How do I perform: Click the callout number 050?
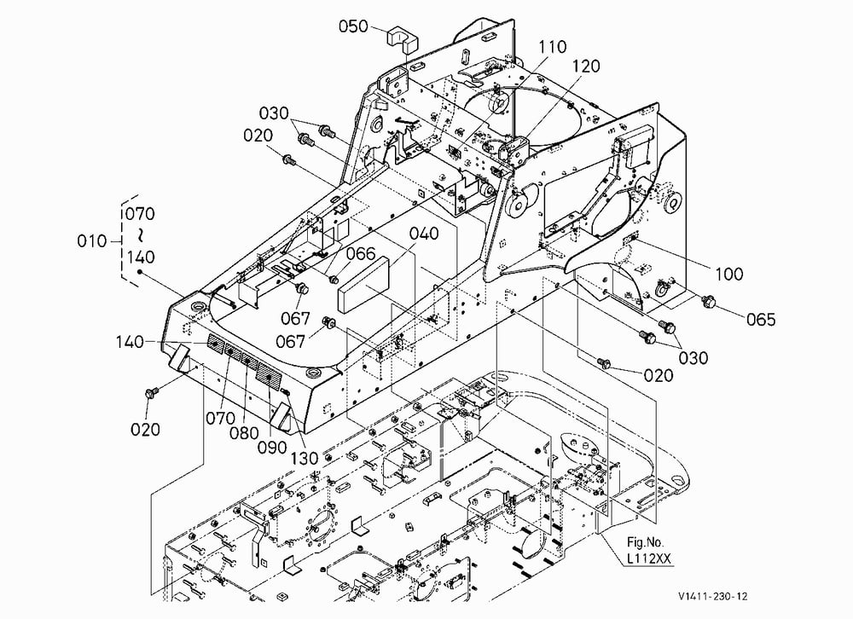point(354,26)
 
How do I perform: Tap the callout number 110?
point(553,47)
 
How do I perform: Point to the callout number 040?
point(424,234)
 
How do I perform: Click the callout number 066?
point(361,253)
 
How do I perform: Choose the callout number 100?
point(729,274)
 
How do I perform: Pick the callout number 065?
point(761,319)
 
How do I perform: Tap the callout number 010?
point(92,240)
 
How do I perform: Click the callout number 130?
point(304,459)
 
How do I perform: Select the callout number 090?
point(272,447)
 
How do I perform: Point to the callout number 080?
point(244,433)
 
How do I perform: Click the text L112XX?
point(649,558)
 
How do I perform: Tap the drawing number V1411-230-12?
point(712,596)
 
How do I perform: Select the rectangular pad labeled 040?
point(364,285)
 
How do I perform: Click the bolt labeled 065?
point(708,300)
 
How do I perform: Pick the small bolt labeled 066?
point(334,280)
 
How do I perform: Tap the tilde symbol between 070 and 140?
point(140,235)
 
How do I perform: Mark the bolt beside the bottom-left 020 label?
point(151,393)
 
